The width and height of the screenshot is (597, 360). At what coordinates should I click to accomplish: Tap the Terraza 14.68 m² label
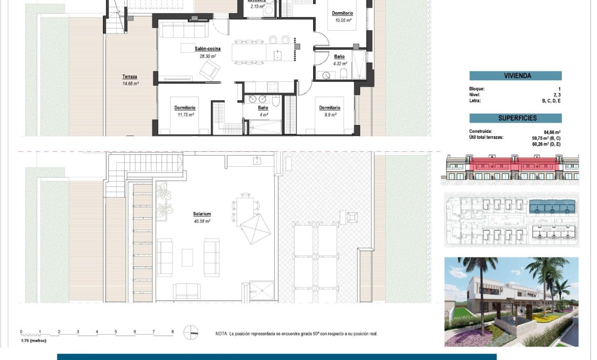click(x=130, y=80)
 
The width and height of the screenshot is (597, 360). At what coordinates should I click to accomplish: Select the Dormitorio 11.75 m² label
click(x=185, y=110)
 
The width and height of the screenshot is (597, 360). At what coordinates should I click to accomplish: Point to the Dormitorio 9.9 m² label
click(x=329, y=110)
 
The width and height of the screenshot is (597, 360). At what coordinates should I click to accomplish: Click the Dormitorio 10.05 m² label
click(x=343, y=16)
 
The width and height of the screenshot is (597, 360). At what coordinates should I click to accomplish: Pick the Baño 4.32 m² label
click(x=339, y=59)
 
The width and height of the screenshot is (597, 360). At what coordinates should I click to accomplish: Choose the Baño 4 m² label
click(x=263, y=110)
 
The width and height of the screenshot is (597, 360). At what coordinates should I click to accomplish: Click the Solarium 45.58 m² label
click(x=202, y=218)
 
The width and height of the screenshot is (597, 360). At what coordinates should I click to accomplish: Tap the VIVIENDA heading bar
click(x=515, y=76)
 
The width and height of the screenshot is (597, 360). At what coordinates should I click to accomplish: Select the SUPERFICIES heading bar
click(x=515, y=118)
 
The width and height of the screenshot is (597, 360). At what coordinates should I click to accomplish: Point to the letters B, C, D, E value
click(x=552, y=101)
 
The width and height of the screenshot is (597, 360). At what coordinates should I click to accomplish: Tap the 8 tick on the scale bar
click(x=172, y=332)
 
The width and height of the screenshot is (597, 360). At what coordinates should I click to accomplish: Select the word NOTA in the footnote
click(x=221, y=334)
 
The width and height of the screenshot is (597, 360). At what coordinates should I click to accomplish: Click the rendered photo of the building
click(x=511, y=302)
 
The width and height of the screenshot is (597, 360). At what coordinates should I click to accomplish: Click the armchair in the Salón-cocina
click(x=210, y=69)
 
